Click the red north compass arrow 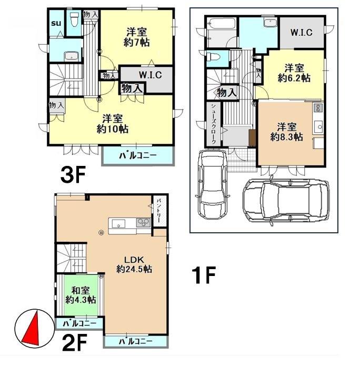coord(31,329)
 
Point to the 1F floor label coord(204,275)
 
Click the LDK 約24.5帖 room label coord(134,264)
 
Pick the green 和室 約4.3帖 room coord(81,295)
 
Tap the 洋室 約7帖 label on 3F coord(136,37)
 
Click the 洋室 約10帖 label coord(113,124)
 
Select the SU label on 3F coord(56,23)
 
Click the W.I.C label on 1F coord(302,32)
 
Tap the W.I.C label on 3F coord(150,75)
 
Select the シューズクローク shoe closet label coord(214,124)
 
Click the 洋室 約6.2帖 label coord(294,73)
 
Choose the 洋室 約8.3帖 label coord(286,132)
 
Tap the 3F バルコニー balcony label coord(138,155)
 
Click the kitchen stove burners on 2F coord(143,223)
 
